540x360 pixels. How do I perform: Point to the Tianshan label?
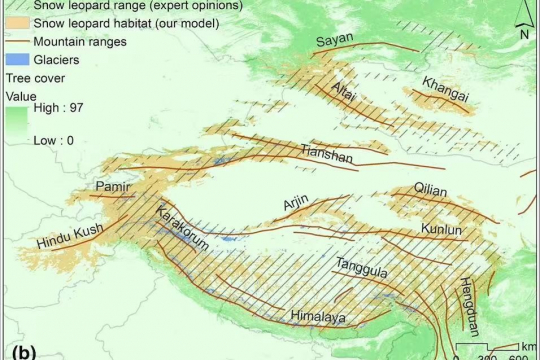(x=324, y=151)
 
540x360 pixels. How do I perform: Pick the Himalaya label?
(x=317, y=317)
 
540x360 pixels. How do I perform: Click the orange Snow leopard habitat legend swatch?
(x=17, y=23)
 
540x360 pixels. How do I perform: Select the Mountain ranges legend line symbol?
(x=17, y=42)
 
